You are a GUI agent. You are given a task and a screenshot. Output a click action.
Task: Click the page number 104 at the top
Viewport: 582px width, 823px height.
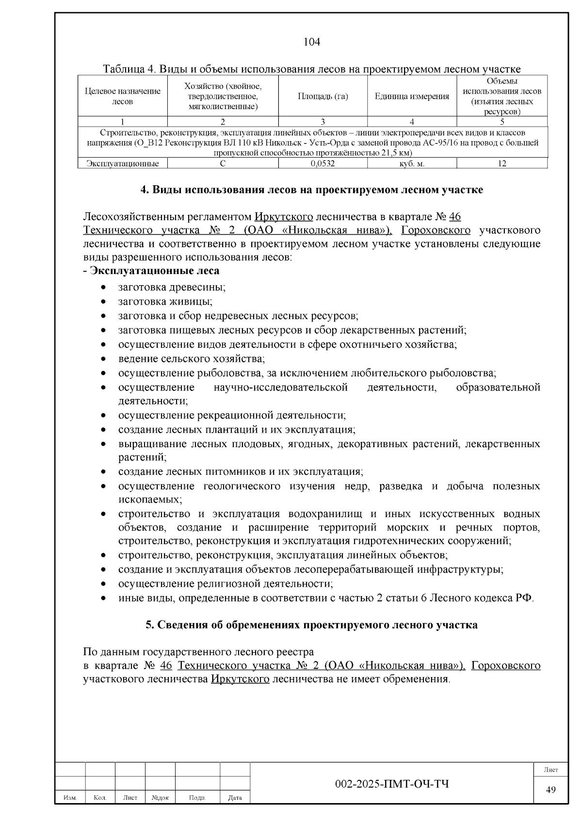tap(311, 42)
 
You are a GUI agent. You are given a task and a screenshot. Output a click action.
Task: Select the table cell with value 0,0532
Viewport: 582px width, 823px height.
tap(323, 163)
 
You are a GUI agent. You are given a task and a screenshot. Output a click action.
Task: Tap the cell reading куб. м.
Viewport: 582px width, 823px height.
tap(412, 163)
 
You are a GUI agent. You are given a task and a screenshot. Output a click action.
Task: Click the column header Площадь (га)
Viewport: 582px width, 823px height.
tap(323, 96)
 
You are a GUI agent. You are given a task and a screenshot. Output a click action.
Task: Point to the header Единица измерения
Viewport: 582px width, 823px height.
tap(412, 96)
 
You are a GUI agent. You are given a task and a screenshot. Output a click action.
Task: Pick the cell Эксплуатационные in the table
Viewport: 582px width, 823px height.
tap(123, 163)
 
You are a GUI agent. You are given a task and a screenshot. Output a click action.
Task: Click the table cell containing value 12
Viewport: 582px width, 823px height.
tap(502, 163)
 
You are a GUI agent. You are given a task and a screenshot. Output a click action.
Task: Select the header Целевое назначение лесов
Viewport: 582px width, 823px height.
tap(123, 96)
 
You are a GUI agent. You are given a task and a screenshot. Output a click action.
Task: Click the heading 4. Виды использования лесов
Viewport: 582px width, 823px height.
tap(311, 190)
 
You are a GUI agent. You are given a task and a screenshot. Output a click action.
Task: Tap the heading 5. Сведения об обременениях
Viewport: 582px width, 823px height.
tap(311, 625)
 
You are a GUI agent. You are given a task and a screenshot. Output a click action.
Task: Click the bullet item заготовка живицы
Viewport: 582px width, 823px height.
tap(165, 301)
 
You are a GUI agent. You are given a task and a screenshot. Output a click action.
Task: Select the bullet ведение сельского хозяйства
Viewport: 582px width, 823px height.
tap(191, 358)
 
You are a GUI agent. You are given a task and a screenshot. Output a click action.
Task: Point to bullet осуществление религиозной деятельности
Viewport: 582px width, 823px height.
tap(226, 583)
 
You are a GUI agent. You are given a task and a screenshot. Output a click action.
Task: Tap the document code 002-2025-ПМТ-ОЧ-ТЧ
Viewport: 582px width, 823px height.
tap(392, 784)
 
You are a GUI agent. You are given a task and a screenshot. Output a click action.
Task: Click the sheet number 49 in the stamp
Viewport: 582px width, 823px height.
tap(550, 790)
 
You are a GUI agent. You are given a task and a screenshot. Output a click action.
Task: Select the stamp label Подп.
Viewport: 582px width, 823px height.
tap(197, 797)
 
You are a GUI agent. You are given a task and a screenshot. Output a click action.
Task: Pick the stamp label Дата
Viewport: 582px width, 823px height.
tap(235, 797)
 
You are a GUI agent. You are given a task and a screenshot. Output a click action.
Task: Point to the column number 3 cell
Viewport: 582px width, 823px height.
tap(323, 122)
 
